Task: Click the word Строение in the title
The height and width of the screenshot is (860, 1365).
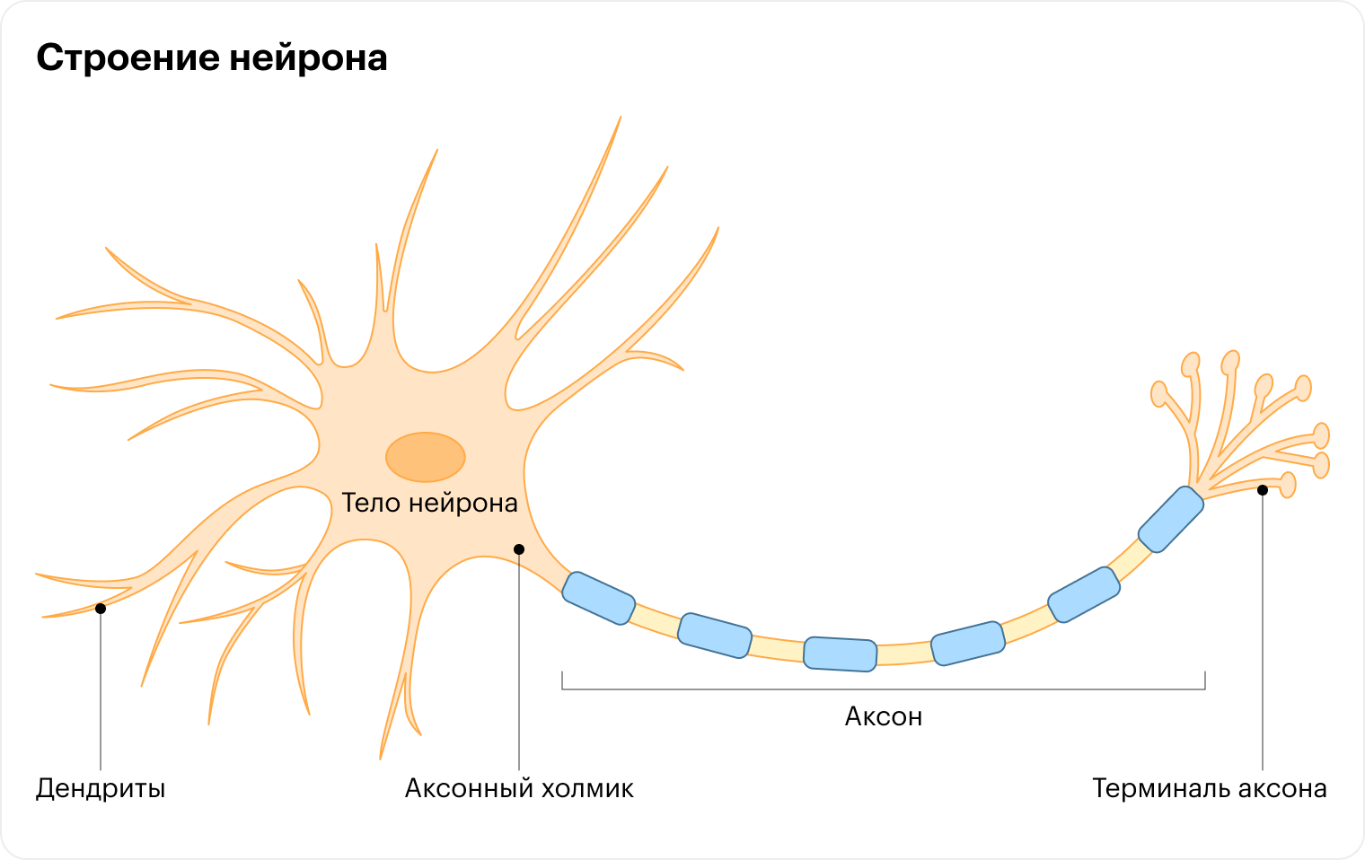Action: [126, 58]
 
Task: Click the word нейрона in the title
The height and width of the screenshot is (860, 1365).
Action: [308, 58]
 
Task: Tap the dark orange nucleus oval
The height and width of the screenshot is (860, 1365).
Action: [425, 457]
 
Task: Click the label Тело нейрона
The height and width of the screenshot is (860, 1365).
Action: [429, 503]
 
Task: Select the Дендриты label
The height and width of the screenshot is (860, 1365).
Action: [101, 789]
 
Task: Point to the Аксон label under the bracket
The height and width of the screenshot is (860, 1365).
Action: [884, 716]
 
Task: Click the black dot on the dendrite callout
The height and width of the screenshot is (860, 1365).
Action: [101, 609]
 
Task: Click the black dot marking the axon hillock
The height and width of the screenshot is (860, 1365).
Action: [519, 549]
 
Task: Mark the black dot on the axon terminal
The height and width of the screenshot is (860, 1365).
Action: [1263, 490]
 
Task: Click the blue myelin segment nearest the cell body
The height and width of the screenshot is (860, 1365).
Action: [598, 598]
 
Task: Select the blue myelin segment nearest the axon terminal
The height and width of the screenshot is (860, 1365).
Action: [1170, 519]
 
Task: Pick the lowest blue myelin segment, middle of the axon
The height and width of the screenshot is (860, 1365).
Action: [840, 654]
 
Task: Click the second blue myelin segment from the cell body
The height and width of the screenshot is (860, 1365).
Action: [714, 635]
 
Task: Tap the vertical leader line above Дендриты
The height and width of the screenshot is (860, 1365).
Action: [101, 691]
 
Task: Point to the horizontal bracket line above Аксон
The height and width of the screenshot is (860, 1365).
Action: [884, 689]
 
